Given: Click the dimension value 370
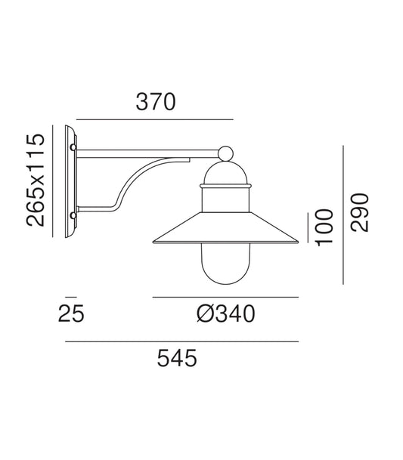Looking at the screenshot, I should (155, 102).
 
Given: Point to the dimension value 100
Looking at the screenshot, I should (324, 226).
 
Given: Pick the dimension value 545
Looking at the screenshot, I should (176, 357).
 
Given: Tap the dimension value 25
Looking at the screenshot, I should (71, 313).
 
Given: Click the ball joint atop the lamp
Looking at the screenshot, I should (225, 154).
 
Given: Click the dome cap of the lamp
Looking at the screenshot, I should (225, 175).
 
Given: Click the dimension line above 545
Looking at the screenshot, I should (181, 342).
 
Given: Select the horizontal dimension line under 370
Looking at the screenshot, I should (155, 119).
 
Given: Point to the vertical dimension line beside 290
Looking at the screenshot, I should (343, 215).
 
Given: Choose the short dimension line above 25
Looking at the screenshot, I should (71, 297).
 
